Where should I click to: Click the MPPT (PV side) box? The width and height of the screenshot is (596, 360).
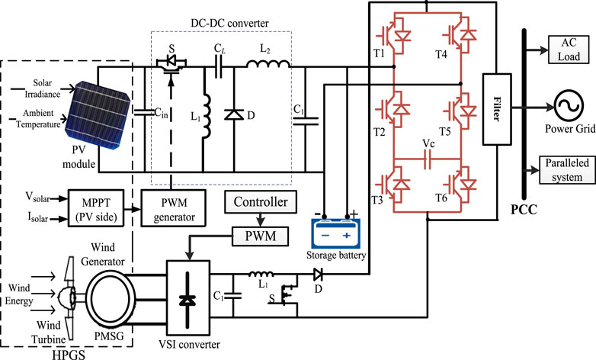pyautogui.click(x=96, y=209)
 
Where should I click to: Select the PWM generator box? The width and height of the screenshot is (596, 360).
pyautogui.click(x=174, y=209)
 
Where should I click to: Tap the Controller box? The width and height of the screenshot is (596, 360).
pyautogui.click(x=261, y=202)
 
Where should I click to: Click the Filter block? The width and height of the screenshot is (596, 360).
pyautogui.click(x=497, y=109)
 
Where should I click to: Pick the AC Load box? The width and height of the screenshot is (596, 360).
pyautogui.click(x=569, y=50)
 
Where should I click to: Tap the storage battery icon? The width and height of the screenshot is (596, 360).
pyautogui.click(x=335, y=233)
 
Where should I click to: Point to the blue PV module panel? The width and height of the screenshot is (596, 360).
pyautogui.click(x=98, y=114)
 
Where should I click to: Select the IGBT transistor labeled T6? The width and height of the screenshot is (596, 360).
pyautogui.click(x=460, y=185)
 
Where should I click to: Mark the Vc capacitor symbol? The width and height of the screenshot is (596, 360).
pyautogui.click(x=428, y=159)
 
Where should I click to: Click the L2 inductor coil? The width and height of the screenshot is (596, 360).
pyautogui.click(x=268, y=63)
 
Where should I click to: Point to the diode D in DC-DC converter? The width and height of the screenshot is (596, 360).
pyautogui.click(x=234, y=114)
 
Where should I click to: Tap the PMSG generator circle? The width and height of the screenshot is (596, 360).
pyautogui.click(x=111, y=298)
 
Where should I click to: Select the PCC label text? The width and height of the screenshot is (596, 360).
pyautogui.click(x=524, y=209)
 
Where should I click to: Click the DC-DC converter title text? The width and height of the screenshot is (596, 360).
pyautogui.click(x=229, y=23)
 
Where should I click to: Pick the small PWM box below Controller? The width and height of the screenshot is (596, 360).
pyautogui.click(x=261, y=236)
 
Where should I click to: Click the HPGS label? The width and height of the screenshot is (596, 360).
pyautogui.click(x=69, y=355)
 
